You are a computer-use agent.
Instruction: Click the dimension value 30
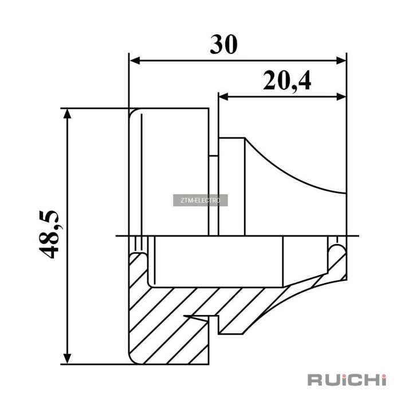224,45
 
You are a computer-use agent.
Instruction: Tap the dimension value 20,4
287,81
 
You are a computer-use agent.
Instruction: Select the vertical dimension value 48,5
49,234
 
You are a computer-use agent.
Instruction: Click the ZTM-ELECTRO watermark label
200,200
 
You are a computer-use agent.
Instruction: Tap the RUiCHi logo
347,380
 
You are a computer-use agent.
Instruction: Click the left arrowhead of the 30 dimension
135,61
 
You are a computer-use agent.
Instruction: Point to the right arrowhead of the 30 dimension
341,61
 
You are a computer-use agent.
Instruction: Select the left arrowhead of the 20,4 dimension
223,97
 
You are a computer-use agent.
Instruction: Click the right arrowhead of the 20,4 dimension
341,97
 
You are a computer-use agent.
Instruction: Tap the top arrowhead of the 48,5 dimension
67,114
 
